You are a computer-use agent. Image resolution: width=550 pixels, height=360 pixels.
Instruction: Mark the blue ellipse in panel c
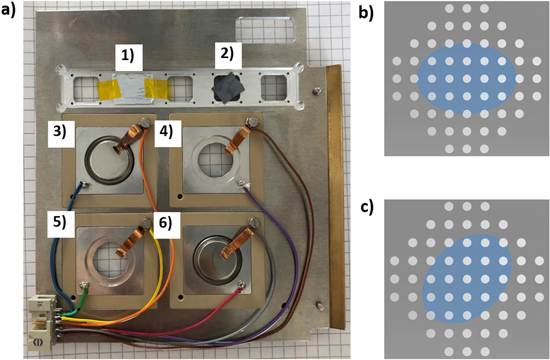[467, 274]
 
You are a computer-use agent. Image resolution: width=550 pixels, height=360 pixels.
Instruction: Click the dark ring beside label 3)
[110, 157]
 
